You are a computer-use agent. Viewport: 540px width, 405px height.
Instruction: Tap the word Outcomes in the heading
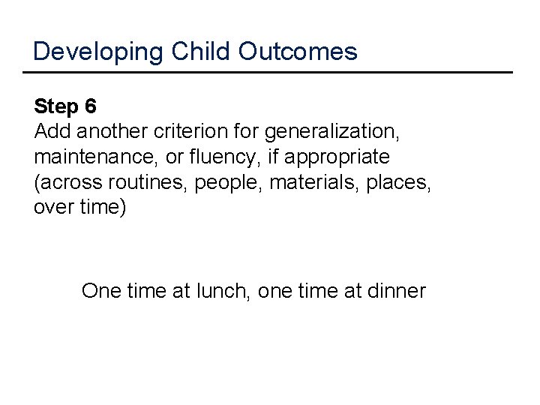298,52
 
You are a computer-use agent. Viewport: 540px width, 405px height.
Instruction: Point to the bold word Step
55,107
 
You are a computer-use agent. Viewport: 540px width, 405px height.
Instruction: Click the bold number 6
91,107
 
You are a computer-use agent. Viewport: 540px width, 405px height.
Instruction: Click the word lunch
223,290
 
